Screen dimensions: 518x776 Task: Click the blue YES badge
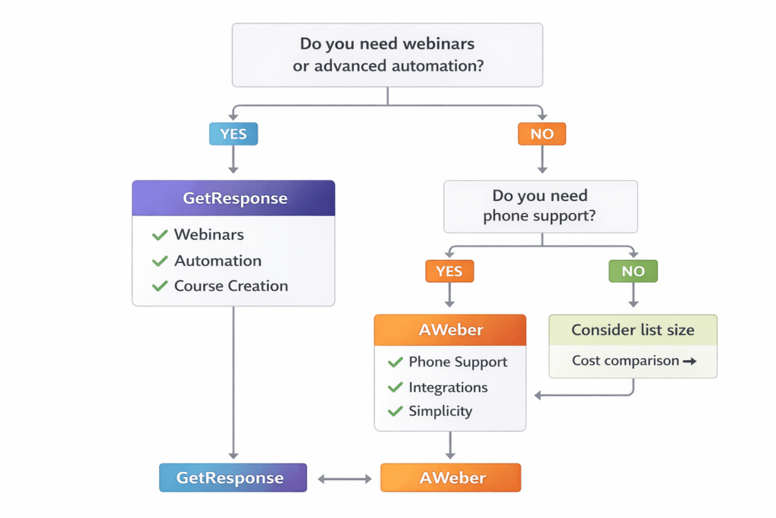(233, 134)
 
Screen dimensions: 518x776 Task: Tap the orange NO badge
(541, 134)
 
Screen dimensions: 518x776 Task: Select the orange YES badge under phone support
(449, 271)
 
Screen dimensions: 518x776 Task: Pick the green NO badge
(633, 271)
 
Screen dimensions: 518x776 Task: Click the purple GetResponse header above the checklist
(233, 198)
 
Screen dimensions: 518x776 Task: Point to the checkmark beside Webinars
(160, 235)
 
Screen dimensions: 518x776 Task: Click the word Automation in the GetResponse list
(217, 260)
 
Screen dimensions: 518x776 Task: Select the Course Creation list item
(230, 286)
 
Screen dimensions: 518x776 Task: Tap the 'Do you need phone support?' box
(540, 206)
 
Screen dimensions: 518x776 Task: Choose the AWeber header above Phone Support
(450, 330)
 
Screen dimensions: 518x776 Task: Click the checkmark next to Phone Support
(395, 362)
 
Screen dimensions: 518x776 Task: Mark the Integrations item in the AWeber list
(448, 387)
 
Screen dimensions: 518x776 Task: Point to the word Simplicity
(440, 411)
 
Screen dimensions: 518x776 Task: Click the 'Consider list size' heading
(633, 330)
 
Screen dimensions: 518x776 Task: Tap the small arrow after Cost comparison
(689, 361)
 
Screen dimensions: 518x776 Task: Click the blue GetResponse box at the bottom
(233, 478)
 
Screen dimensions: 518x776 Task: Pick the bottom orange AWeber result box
(450, 479)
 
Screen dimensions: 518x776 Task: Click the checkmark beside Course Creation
(160, 286)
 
